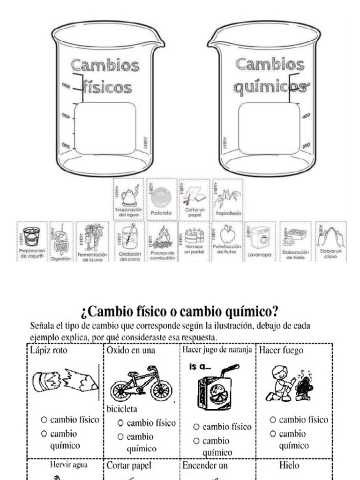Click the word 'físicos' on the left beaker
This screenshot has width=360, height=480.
click(x=107, y=87)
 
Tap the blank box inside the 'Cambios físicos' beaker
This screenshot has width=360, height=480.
click(x=105, y=128)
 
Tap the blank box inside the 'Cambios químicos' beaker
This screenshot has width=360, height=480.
click(x=269, y=128)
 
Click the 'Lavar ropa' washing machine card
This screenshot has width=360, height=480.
click(x=260, y=241)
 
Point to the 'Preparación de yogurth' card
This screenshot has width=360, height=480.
click(x=32, y=241)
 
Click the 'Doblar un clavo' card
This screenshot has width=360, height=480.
click(x=330, y=241)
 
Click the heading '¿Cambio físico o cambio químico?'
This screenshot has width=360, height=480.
click(x=180, y=310)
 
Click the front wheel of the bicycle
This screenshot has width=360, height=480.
click(x=161, y=390)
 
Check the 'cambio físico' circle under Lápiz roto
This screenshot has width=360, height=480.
click(x=44, y=420)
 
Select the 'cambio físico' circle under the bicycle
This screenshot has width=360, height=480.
click(x=120, y=423)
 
